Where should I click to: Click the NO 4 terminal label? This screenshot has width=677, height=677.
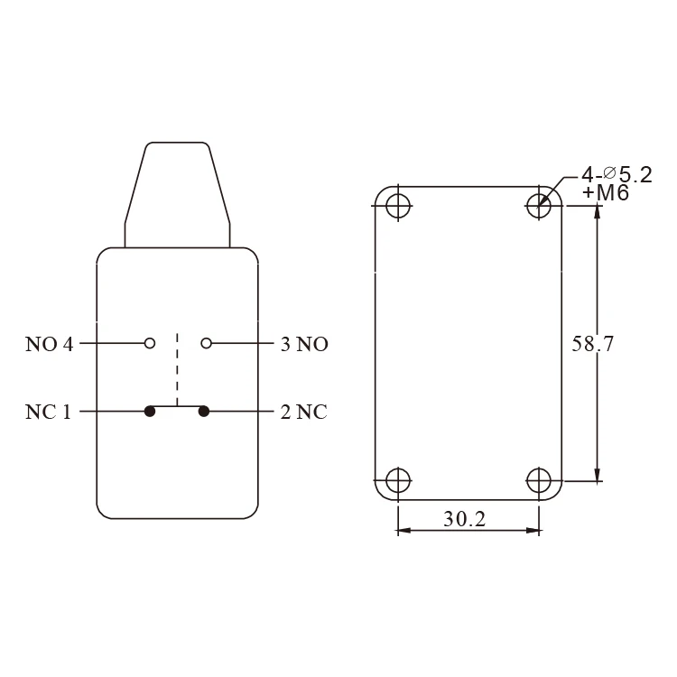pyautogui.click(x=50, y=344)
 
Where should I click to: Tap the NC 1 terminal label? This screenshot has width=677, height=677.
pyautogui.click(x=49, y=412)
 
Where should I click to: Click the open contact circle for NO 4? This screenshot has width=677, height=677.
pyautogui.click(x=150, y=343)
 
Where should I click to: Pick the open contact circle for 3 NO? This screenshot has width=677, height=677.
pyautogui.click(x=206, y=343)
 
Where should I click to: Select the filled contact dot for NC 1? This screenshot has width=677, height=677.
pyautogui.click(x=150, y=412)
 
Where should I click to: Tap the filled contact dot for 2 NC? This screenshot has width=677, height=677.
pyautogui.click(x=204, y=412)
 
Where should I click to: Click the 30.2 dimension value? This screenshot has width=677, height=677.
pyautogui.click(x=467, y=521)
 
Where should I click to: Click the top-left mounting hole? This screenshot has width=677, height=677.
pyautogui.click(x=397, y=206)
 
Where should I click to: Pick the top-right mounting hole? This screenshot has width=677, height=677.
pyautogui.click(x=540, y=206)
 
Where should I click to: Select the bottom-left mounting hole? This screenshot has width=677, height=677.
pyautogui.click(x=397, y=480)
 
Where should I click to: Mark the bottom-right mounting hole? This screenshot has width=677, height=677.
pyautogui.click(x=540, y=480)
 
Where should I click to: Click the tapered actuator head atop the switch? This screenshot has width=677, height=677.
pyautogui.click(x=177, y=191)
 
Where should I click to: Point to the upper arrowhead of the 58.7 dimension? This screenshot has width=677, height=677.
pyautogui.click(x=596, y=213)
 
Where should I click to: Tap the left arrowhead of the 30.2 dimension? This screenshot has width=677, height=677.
pyautogui.click(x=403, y=531)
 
